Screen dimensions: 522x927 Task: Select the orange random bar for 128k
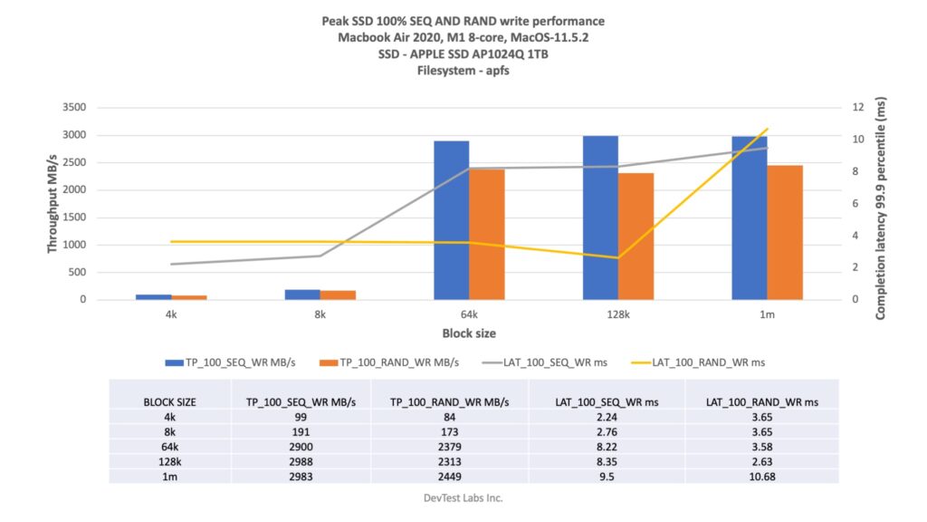click(636, 236)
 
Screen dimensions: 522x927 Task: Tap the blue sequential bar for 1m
click(750, 217)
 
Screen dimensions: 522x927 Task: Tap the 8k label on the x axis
click(320, 314)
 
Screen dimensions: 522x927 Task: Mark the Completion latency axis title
click(881, 209)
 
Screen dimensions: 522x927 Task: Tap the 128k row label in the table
click(170, 460)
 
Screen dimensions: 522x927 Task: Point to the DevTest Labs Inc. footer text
click(463, 498)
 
